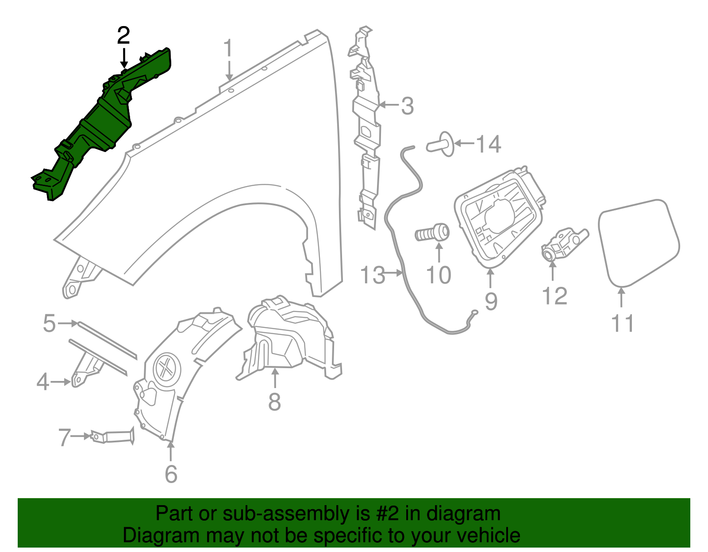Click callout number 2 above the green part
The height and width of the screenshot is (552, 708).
(123, 35)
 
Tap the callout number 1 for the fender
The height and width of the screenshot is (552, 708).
(228, 49)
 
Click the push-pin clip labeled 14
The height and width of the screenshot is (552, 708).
(440, 144)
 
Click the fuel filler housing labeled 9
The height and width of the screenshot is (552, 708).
(500, 217)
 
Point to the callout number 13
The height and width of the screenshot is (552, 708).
(372, 275)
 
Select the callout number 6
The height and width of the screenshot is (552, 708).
(171, 474)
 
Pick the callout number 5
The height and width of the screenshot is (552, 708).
(50, 323)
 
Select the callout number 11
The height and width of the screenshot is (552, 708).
(622, 324)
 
